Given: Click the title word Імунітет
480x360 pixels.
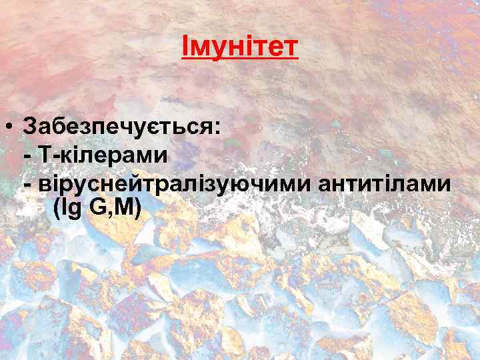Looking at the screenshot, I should coord(239,48).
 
